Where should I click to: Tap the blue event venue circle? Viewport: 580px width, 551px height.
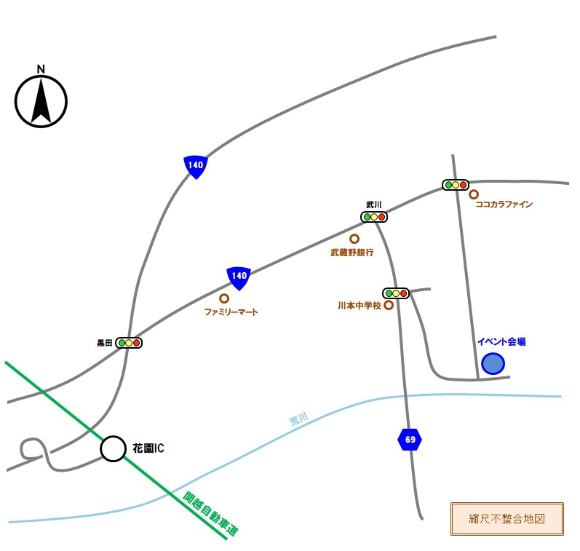point(493,363)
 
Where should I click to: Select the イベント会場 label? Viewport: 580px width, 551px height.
point(501,341)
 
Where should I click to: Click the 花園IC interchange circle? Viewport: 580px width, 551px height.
point(113,449)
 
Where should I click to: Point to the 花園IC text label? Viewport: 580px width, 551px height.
point(148,448)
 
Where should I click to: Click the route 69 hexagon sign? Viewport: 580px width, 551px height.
point(410,440)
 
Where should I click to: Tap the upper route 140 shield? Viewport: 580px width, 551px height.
point(195,166)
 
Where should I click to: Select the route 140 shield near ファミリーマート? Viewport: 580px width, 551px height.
point(239,277)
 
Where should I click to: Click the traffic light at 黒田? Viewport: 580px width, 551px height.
point(129,343)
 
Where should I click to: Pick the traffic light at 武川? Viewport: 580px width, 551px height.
point(374,217)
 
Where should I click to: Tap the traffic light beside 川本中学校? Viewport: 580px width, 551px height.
point(396,293)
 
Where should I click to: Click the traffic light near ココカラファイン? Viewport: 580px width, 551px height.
point(456,185)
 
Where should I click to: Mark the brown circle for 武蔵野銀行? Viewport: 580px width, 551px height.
point(354,239)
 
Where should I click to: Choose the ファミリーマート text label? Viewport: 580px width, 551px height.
point(231,312)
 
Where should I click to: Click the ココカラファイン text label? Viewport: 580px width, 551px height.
point(504,205)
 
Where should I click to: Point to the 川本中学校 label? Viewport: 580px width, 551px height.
point(359,306)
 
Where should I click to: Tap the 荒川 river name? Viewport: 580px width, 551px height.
point(299,419)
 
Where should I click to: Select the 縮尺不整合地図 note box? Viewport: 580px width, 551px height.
point(507,519)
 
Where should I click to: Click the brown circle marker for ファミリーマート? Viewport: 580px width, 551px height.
point(224,298)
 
